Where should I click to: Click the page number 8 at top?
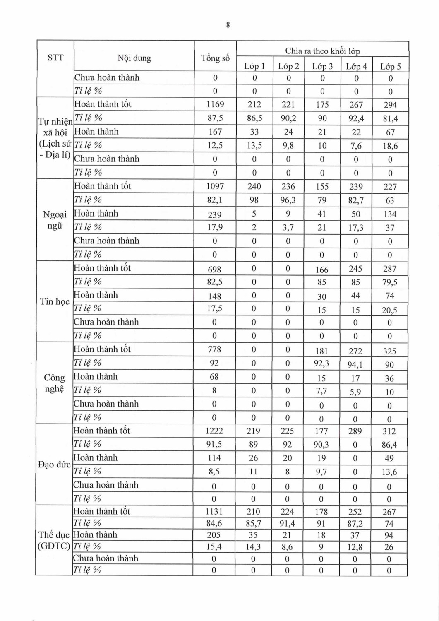point(228,25)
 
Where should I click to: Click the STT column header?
point(55,58)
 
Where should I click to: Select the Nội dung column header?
point(134,58)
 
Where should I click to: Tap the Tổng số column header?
point(215,58)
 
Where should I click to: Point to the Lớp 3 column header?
point(322,66)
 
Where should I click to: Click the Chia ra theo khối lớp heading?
point(322,51)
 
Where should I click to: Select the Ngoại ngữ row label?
point(55,220)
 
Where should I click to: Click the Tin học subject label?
point(55,301)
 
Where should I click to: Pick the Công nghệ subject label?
point(55,383)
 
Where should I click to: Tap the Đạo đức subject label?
point(54,465)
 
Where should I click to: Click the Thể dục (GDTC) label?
point(54,540)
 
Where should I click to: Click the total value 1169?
point(215,105)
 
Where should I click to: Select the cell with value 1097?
point(215,187)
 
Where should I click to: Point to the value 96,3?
point(288,200)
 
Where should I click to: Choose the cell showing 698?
point(214,269)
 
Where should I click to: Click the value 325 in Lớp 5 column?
point(389,351)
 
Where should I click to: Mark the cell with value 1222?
point(214,431)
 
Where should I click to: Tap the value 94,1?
point(355,365)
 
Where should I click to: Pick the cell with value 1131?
point(214,512)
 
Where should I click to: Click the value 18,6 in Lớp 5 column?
point(390,146)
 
